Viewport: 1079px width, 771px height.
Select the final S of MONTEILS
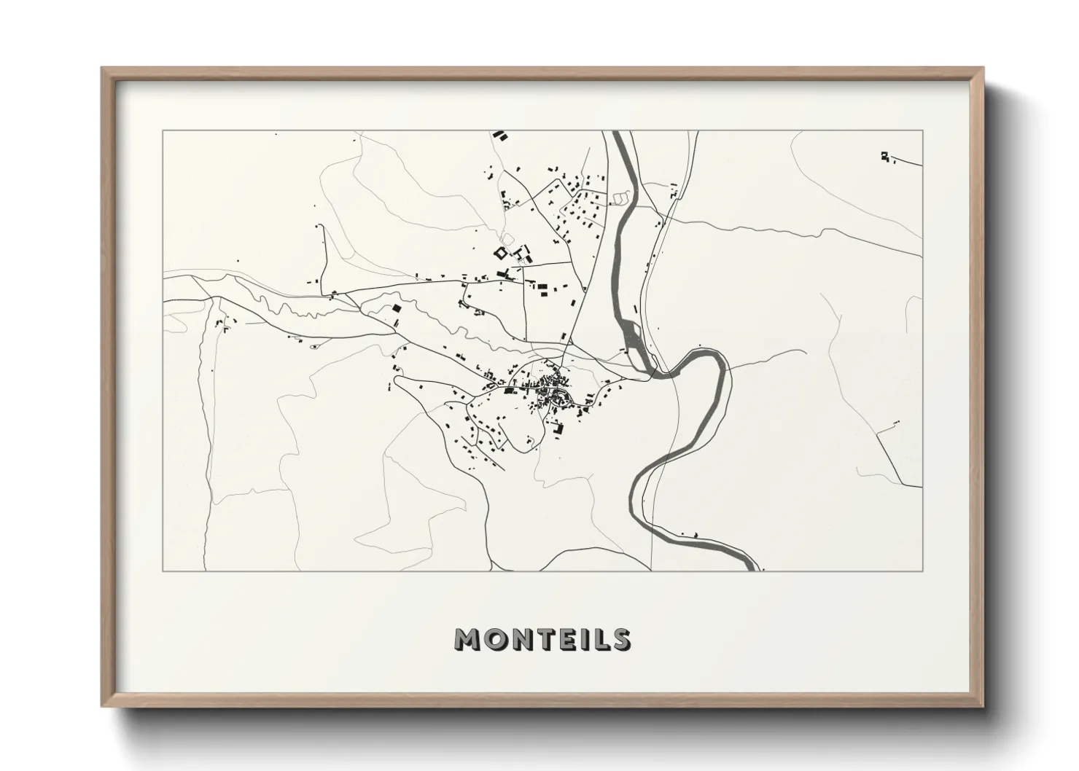tap(620, 639)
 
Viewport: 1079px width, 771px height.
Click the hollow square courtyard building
tap(501, 253)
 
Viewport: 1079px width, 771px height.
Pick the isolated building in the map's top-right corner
tap(885, 155)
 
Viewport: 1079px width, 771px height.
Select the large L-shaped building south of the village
tap(559, 429)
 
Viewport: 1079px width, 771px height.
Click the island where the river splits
tap(634, 339)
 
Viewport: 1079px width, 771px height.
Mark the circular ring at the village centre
tap(561, 397)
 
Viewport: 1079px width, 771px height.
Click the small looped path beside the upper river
tap(620, 197)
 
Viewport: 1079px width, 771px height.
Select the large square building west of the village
tap(397, 308)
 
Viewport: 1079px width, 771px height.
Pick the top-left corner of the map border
tap(163, 131)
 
